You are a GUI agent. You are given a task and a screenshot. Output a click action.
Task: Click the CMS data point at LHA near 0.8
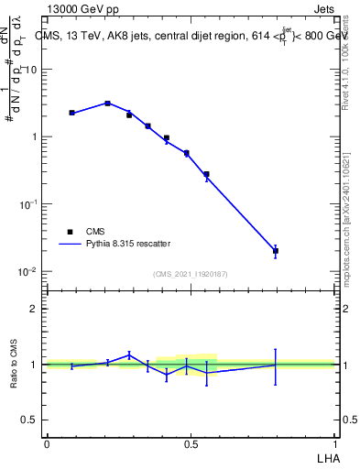(276, 250)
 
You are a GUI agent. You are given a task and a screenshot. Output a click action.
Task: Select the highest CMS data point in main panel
(108, 104)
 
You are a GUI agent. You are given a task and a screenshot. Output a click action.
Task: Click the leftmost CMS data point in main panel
(71, 113)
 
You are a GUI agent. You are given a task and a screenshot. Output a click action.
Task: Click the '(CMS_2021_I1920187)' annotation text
(190, 274)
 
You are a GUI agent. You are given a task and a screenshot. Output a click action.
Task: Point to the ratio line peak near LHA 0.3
(129, 354)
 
